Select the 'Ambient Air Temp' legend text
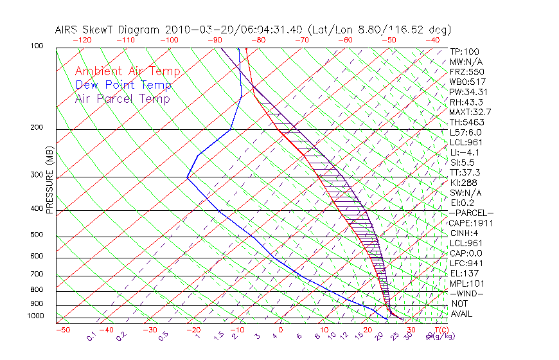coord(127,71)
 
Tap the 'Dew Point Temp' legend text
coord(123,85)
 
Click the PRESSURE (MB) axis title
coord(49,181)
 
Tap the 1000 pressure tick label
coord(37,316)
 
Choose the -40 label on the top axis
coord(432,40)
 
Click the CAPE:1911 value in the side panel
coord(471,223)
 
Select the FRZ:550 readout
coord(466,71)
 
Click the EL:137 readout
coord(465,273)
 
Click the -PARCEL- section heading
coord(471,213)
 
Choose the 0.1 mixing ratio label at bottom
coord(92,335)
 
